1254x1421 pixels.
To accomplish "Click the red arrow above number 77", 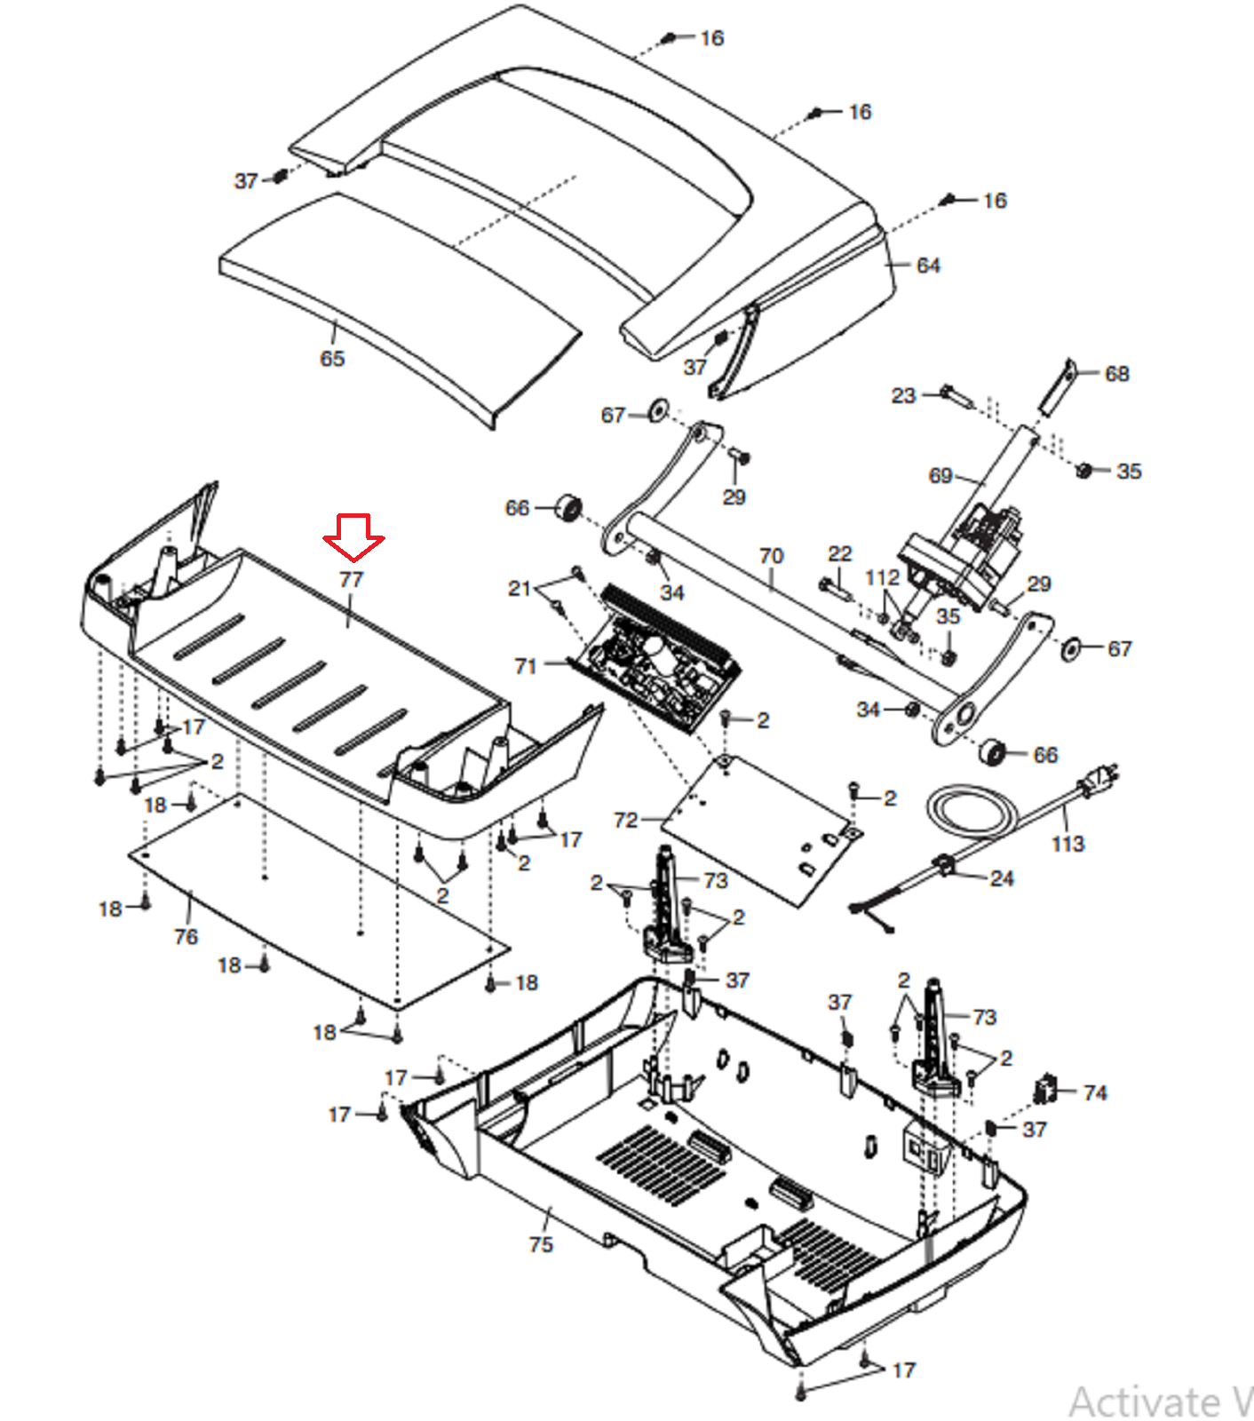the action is (x=353, y=537).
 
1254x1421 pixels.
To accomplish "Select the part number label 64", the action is (x=928, y=266).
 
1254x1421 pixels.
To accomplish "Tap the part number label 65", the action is (x=332, y=359).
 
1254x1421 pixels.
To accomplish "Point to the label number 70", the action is (x=771, y=556).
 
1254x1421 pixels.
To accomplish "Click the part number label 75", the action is (x=541, y=1244).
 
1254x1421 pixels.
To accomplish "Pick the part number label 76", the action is (x=186, y=936).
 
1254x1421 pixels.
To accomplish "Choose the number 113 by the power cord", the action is (x=1067, y=844).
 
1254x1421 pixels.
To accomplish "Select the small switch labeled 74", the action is (x=1045, y=1090).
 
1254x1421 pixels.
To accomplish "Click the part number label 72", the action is (x=626, y=820).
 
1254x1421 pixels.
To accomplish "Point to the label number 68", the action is (x=1117, y=374).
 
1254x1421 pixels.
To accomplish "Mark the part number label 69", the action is (x=940, y=476).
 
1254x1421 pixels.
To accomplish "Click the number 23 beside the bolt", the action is (x=903, y=395).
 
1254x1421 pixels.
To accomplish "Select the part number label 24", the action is (x=1002, y=878).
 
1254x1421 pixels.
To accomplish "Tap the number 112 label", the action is (x=883, y=578).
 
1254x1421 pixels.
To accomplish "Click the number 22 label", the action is (x=840, y=554).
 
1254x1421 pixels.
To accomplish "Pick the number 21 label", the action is (x=520, y=588).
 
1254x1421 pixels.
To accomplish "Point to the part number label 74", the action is (x=1095, y=1092).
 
